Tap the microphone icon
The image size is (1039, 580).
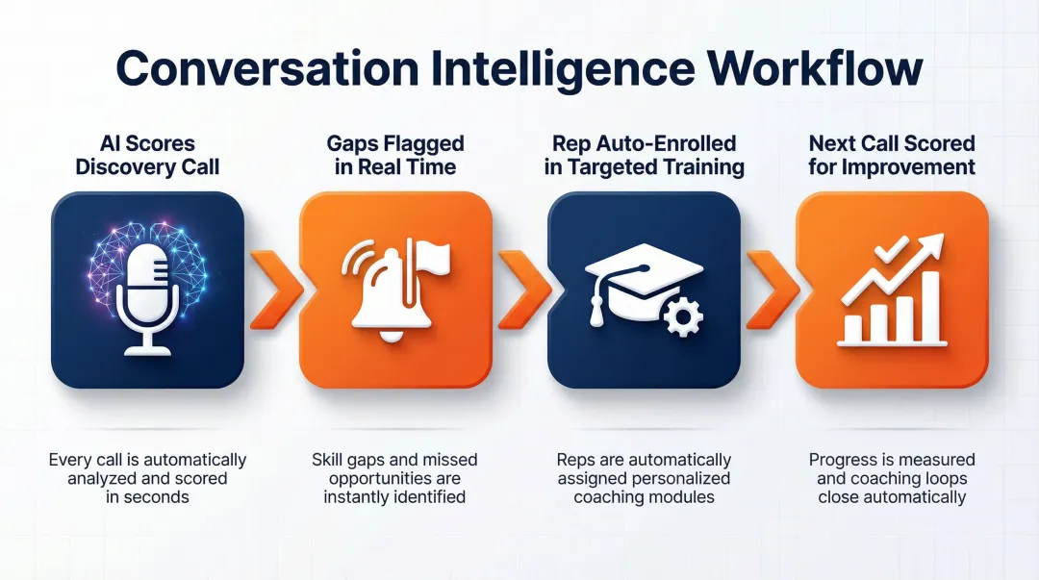pyautogui.click(x=147, y=292)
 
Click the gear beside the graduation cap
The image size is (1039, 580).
pyautogui.click(x=683, y=317)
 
